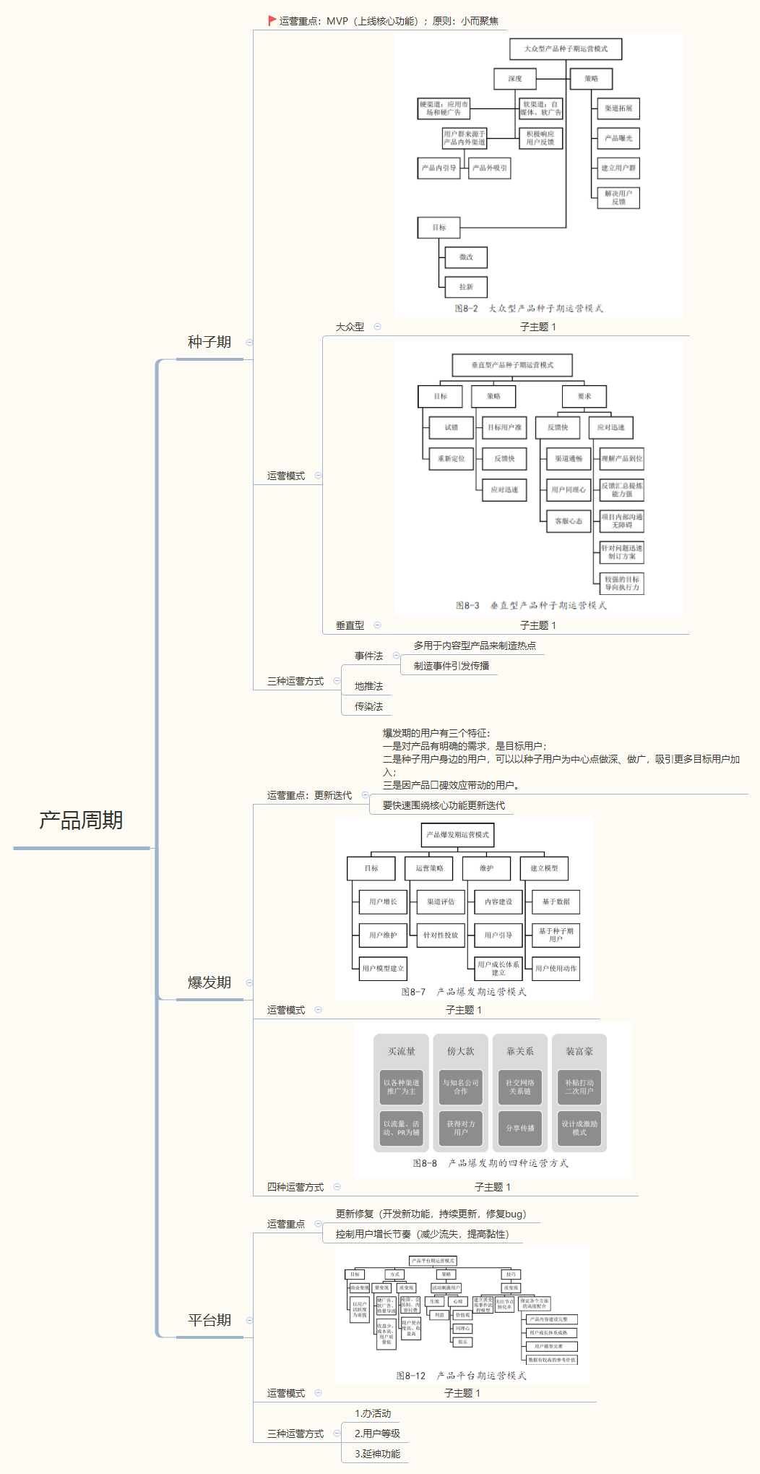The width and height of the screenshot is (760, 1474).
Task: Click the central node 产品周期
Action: point(81,820)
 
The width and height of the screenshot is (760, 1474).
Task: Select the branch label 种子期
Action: point(210,342)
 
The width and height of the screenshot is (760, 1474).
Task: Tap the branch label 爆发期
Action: point(210,982)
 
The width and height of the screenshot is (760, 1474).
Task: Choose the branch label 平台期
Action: point(210,1320)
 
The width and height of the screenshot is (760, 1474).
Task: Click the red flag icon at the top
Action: point(272,21)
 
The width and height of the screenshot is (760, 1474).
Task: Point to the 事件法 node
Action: point(368,656)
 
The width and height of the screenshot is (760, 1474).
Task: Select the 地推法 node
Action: point(368,686)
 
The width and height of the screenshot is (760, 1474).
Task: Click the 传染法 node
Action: point(368,706)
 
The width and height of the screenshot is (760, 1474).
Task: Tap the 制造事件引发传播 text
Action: point(452,666)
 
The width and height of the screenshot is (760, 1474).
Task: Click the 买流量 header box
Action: point(402,1051)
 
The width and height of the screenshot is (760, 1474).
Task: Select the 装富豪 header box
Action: point(579,1051)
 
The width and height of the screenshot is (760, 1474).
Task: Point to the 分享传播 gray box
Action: point(520,1128)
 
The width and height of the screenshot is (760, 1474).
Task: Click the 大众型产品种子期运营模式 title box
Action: point(566,49)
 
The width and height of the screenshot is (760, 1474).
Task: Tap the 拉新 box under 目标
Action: point(466,287)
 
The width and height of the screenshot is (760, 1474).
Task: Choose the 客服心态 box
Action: point(569,521)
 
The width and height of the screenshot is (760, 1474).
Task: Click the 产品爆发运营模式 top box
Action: point(457,835)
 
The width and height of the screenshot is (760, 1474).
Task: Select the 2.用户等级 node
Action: point(377,1434)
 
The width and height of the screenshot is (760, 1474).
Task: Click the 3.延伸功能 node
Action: point(377,1454)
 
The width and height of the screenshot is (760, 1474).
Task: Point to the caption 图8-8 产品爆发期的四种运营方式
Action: point(491,1163)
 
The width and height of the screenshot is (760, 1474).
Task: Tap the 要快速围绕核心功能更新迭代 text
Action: point(444,805)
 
